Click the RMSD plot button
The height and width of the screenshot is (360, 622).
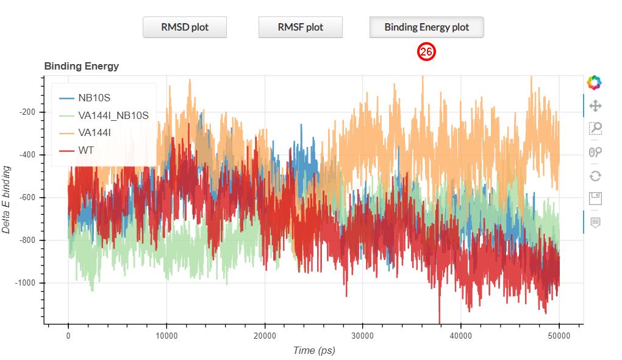(x=185, y=27)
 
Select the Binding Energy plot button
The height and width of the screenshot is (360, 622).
(x=426, y=27)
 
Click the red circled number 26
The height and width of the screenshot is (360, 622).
(x=426, y=52)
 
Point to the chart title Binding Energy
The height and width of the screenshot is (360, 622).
(x=81, y=66)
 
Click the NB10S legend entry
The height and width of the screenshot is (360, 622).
(x=94, y=98)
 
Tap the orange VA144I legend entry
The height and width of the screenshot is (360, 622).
(x=95, y=132)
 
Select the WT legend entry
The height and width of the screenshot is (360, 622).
(x=85, y=149)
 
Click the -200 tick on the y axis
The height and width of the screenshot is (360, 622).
(x=27, y=112)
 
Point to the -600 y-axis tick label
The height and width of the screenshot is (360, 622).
(x=27, y=198)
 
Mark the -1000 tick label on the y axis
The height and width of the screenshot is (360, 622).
(x=26, y=283)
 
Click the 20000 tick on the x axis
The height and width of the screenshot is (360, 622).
(x=264, y=336)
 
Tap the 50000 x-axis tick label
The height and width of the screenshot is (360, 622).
(x=559, y=336)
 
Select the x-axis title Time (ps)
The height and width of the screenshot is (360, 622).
(x=313, y=350)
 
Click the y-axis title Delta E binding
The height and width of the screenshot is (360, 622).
(x=7, y=200)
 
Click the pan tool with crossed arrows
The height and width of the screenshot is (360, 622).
(x=595, y=106)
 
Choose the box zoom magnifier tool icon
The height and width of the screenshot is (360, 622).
(x=595, y=128)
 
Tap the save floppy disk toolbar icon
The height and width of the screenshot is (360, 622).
(x=595, y=198)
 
